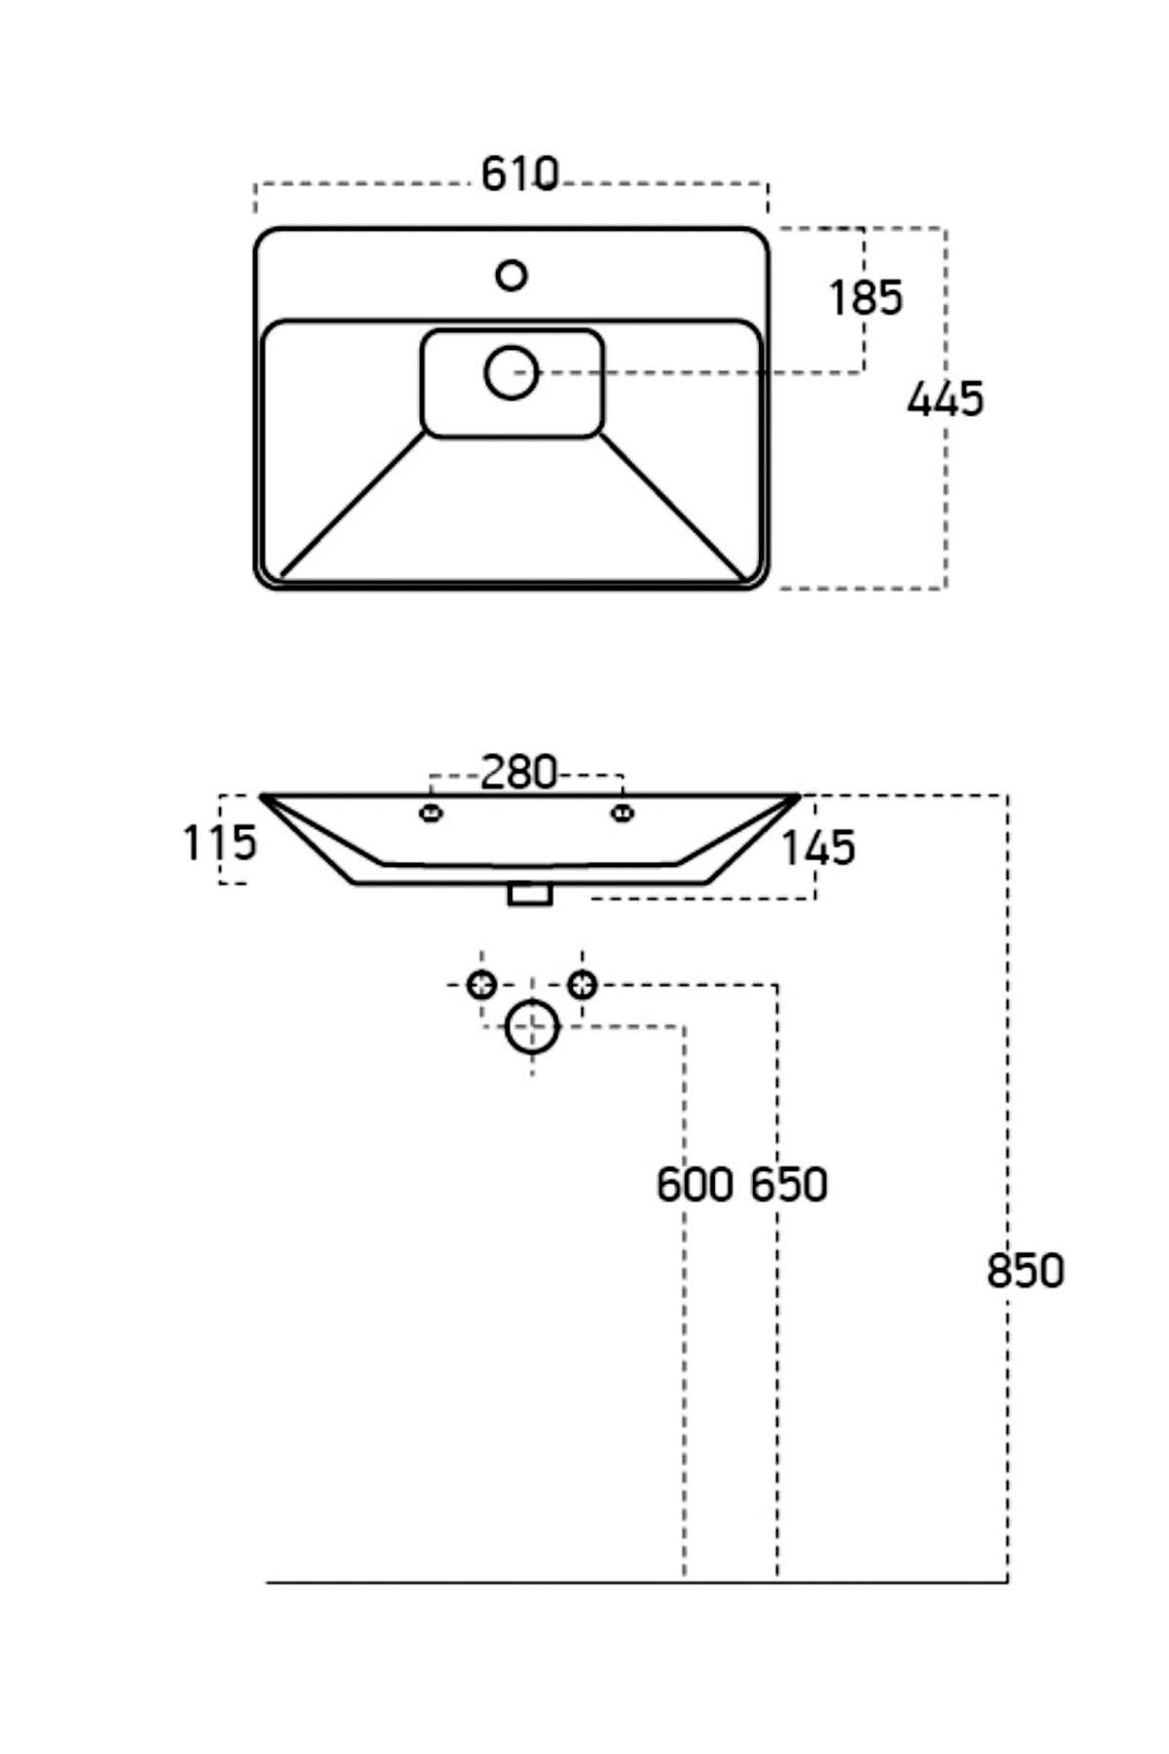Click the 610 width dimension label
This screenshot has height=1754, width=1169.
pyautogui.click(x=520, y=174)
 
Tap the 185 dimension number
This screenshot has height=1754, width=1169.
pyautogui.click(x=865, y=298)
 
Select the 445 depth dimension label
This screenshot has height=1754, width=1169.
pyautogui.click(x=945, y=400)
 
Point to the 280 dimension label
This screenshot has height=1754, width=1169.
pyautogui.click(x=519, y=774)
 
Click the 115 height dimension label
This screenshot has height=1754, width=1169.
pyautogui.click(x=220, y=843)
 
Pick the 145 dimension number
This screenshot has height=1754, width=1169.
pyautogui.click(x=818, y=849)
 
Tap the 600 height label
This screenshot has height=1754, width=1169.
pyautogui.click(x=694, y=1185)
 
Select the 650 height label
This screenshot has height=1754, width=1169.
pyautogui.click(x=789, y=1185)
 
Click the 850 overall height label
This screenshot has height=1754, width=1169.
pyautogui.click(x=1025, y=1272)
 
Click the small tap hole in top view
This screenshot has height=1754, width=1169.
pyautogui.click(x=511, y=276)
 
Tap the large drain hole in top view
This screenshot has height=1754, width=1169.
pyautogui.click(x=511, y=372)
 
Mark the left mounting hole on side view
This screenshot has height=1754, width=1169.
pyautogui.click(x=431, y=813)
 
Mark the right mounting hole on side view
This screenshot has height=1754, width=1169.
pyautogui.click(x=622, y=813)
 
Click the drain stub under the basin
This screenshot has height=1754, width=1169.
pyautogui.click(x=530, y=895)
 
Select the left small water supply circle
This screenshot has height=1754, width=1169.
pyautogui.click(x=481, y=985)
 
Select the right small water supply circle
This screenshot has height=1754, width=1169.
pyautogui.click(x=583, y=985)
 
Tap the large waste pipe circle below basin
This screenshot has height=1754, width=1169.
pyautogui.click(x=532, y=1027)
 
